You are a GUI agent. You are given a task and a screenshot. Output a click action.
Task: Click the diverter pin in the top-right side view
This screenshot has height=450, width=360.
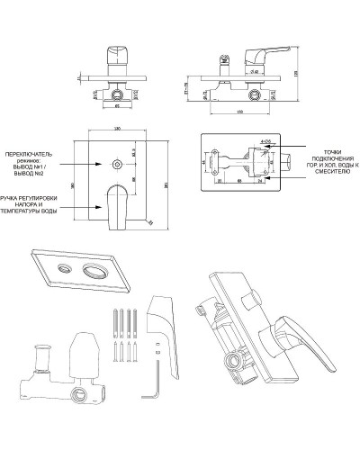pos(222,62)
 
